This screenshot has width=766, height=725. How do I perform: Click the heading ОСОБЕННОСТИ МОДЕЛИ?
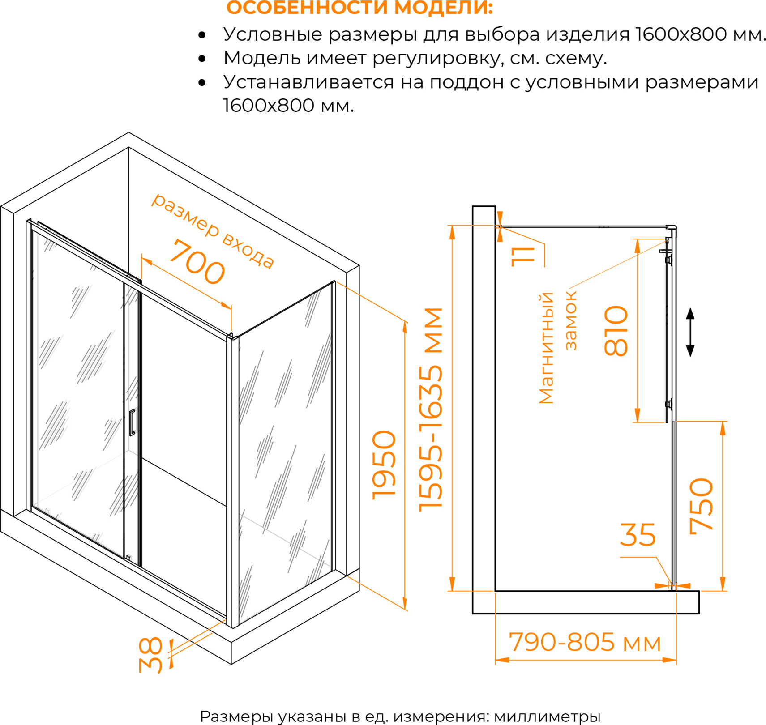pos(359,8)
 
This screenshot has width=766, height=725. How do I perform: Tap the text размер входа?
pos(213,230)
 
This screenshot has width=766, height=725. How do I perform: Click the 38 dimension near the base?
pos(150,656)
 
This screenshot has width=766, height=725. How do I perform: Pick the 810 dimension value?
pos(616,331)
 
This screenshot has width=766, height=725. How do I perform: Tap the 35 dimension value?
pos(638,534)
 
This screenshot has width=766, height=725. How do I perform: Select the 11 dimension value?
pos(523,256)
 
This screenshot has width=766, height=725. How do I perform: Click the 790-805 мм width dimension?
pos(585,643)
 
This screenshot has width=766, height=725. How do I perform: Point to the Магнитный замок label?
pos(558,348)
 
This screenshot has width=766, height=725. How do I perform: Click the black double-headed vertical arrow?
pos(690,332)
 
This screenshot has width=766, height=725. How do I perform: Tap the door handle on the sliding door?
pos(132,422)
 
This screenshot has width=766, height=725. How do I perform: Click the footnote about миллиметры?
pos(400,716)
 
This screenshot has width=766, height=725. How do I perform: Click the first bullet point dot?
pos(202,35)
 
